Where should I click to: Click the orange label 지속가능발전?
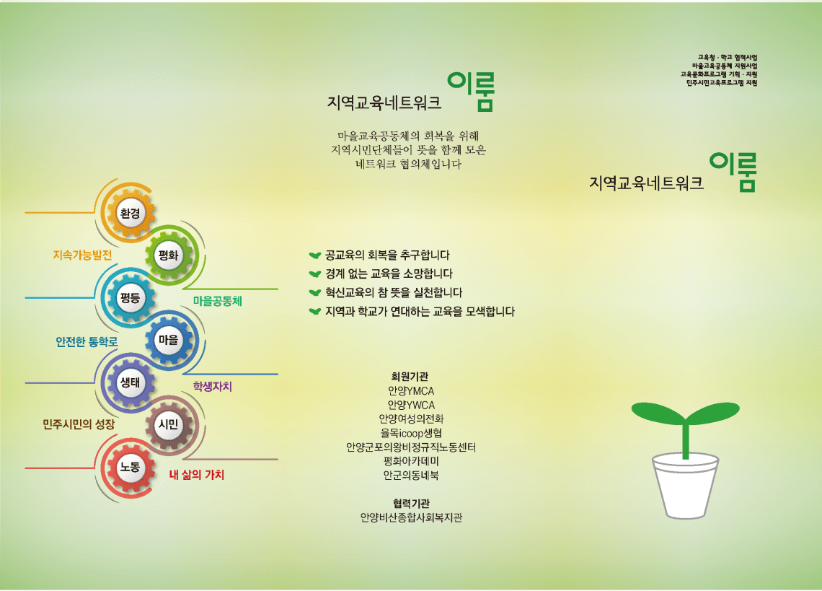(83, 255)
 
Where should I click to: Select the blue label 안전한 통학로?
(87, 341)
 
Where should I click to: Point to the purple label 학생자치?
(212, 387)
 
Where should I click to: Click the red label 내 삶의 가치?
(197, 475)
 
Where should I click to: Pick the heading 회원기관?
(410, 377)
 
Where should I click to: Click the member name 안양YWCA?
(411, 405)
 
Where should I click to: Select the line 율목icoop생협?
(411, 433)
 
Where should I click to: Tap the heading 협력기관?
(411, 504)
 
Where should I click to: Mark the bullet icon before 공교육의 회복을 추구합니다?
(314, 255)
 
